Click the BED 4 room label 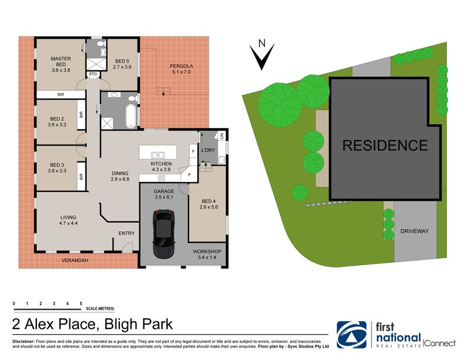pyautogui.click(x=208, y=203)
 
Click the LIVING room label pyautogui.click(x=69, y=220)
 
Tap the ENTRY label pyautogui.click(x=126, y=234)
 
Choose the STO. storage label pyautogui.click(x=93, y=74)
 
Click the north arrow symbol pyautogui.click(x=263, y=56)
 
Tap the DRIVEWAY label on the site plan pyautogui.click(x=414, y=231)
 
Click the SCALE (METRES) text pyautogui.click(x=100, y=308)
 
